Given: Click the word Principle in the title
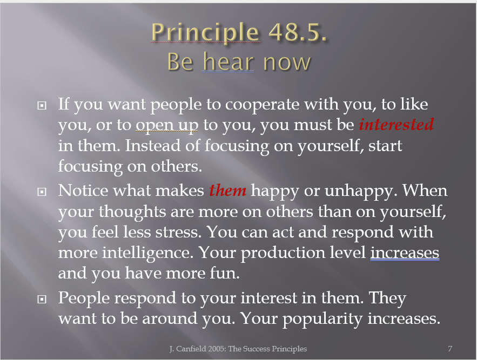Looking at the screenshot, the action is (205, 33).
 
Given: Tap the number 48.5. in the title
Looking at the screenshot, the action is (297, 32).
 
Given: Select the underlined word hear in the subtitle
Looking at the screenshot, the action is (228, 62).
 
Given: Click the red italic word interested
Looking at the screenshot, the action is (396, 124).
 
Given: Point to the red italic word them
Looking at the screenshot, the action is (227, 191).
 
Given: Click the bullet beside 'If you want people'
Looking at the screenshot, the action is (42, 105).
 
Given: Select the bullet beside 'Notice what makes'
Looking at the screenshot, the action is (42, 192).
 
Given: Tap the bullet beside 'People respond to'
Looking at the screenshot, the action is (42, 299).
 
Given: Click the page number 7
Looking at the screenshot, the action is (450, 349).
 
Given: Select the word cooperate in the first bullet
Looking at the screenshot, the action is (262, 105).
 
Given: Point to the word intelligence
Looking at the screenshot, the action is (147, 253).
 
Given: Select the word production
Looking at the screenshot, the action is (303, 253).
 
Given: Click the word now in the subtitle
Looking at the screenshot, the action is (287, 62).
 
